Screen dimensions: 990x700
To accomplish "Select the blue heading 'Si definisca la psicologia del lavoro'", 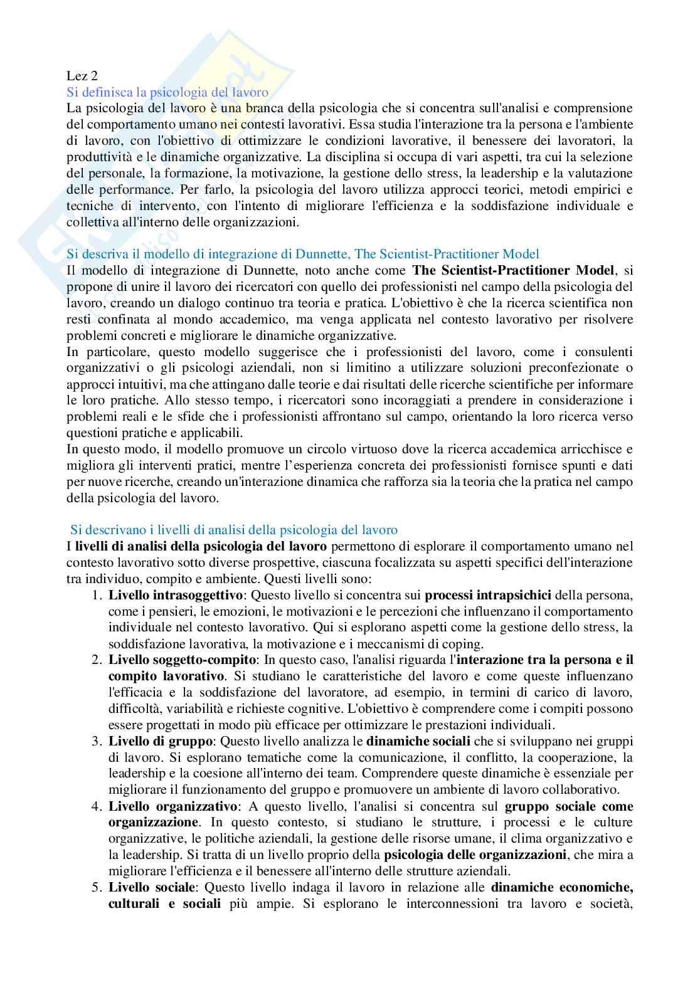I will coord(167,92).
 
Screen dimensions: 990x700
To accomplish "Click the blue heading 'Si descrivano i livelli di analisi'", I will coord(233,530).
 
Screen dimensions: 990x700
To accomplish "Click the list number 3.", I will coord(96,741).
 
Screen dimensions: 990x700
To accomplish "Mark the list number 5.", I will coord(96,888).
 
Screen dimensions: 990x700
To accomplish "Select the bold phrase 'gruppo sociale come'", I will coord(569,806).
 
